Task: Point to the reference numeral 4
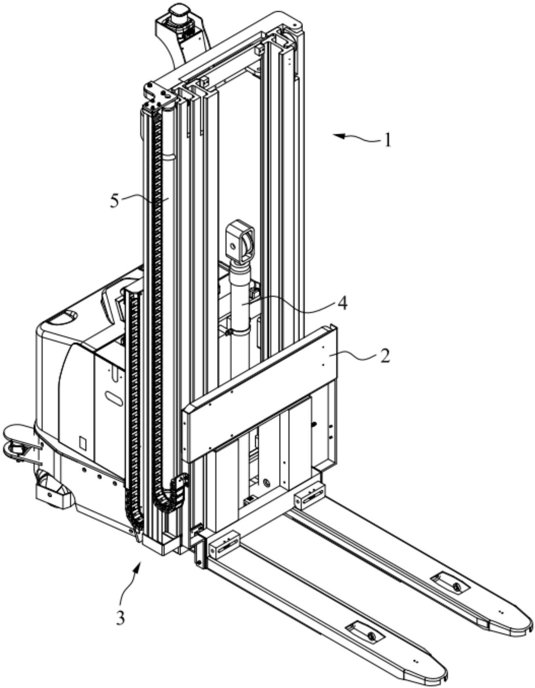point(342,303)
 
